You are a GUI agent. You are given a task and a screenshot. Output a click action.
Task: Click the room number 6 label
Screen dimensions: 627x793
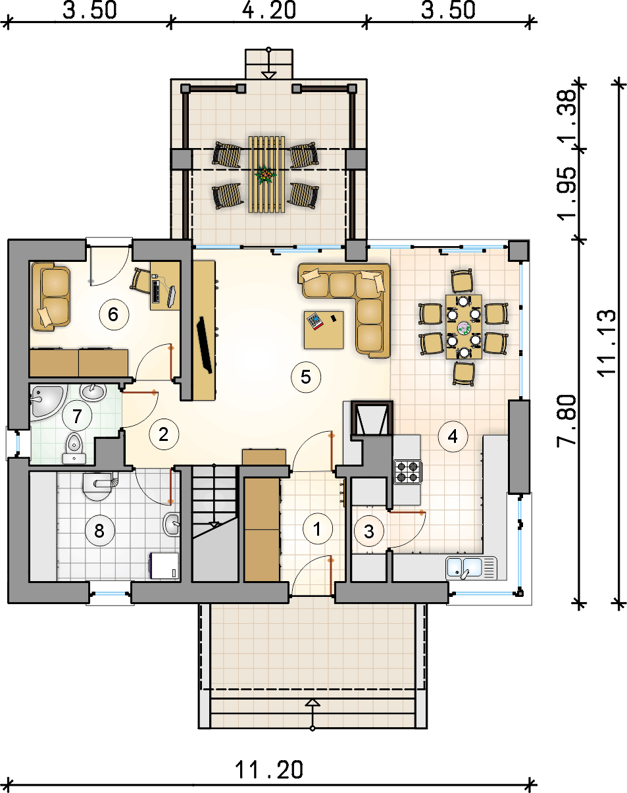114,315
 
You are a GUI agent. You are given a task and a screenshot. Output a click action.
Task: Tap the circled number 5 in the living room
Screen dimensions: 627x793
306,377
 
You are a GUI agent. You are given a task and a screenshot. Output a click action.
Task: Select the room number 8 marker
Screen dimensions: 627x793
99,531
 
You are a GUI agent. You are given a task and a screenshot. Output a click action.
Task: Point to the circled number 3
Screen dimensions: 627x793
368,531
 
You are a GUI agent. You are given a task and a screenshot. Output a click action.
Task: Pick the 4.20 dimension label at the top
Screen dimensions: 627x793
269,10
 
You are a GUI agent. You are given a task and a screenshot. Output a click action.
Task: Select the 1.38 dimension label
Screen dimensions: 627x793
566,117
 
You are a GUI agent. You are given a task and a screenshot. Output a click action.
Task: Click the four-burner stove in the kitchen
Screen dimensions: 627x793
408,472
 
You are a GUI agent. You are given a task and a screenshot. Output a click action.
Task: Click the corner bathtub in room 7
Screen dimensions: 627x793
48,402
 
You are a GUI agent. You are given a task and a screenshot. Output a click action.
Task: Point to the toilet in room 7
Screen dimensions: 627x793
74,448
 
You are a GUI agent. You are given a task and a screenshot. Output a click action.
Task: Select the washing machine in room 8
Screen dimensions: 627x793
164,566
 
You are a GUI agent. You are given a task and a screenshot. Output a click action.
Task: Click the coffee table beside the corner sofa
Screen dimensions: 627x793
324,330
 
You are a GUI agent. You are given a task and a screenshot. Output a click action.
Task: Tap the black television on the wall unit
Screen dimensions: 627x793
205,345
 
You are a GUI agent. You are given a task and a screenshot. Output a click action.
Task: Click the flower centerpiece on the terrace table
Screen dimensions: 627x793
266,174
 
